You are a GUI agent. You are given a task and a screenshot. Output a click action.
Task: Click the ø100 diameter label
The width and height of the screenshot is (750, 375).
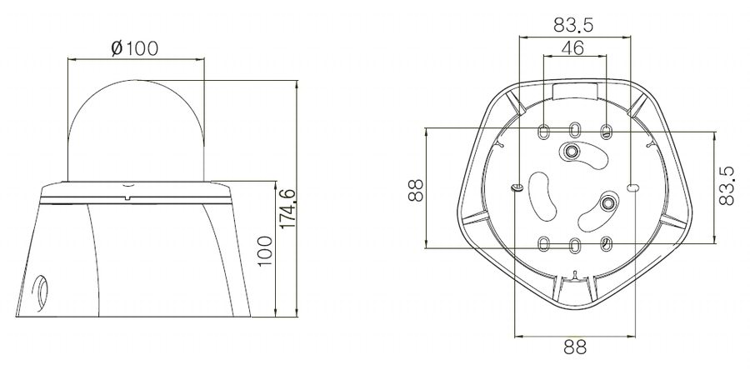point(134,47)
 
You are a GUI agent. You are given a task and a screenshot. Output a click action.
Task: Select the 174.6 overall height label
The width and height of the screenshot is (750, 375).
point(287,208)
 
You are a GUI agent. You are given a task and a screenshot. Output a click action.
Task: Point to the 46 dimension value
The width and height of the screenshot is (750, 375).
point(572,47)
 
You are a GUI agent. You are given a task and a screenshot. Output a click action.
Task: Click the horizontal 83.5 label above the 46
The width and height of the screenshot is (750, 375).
point(573,25)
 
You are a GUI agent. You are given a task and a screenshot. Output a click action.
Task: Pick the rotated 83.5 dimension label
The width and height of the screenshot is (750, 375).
point(727,186)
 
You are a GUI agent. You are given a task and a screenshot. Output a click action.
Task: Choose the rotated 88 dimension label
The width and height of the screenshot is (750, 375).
point(416,190)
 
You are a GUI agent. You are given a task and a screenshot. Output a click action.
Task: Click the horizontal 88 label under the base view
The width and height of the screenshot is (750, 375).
point(575,347)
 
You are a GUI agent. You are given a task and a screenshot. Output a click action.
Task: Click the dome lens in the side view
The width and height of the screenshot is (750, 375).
point(137,130)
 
